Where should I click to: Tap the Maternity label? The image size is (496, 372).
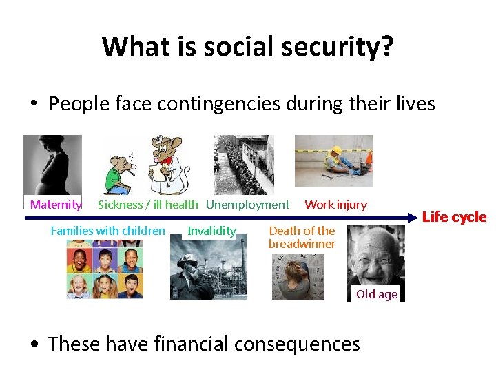pos(55,205)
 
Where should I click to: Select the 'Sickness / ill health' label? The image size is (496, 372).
pos(147,205)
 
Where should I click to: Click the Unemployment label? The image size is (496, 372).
pos(247,205)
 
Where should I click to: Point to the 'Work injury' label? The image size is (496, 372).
pos(335,205)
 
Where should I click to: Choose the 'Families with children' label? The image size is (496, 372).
pos(108,231)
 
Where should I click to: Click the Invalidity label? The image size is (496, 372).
pos(211,231)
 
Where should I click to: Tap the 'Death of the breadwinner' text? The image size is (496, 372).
pos(302,238)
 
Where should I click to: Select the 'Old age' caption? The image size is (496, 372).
pos(376,294)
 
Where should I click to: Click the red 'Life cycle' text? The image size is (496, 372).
pos(454,217)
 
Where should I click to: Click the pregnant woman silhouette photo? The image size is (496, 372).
pos(52,165)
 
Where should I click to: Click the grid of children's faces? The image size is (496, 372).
pos(105,272)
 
